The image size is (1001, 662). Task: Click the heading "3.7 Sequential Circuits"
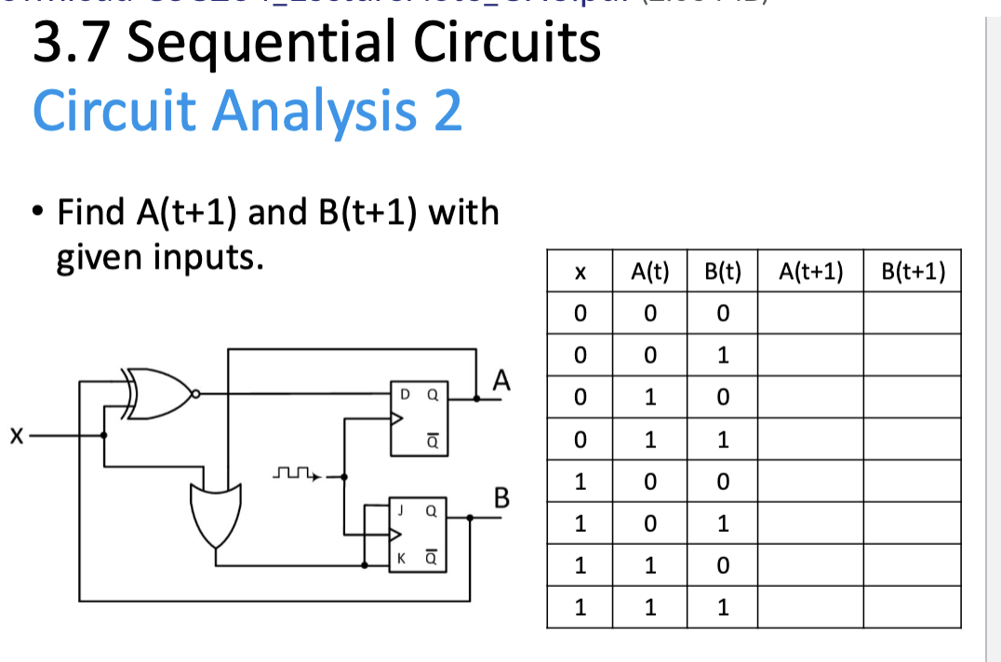click(316, 43)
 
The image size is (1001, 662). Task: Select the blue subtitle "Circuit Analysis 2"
click(247, 111)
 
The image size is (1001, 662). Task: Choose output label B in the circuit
click(501, 497)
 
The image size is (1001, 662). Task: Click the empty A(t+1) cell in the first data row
click(810, 313)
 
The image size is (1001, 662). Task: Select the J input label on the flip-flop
click(401, 510)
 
